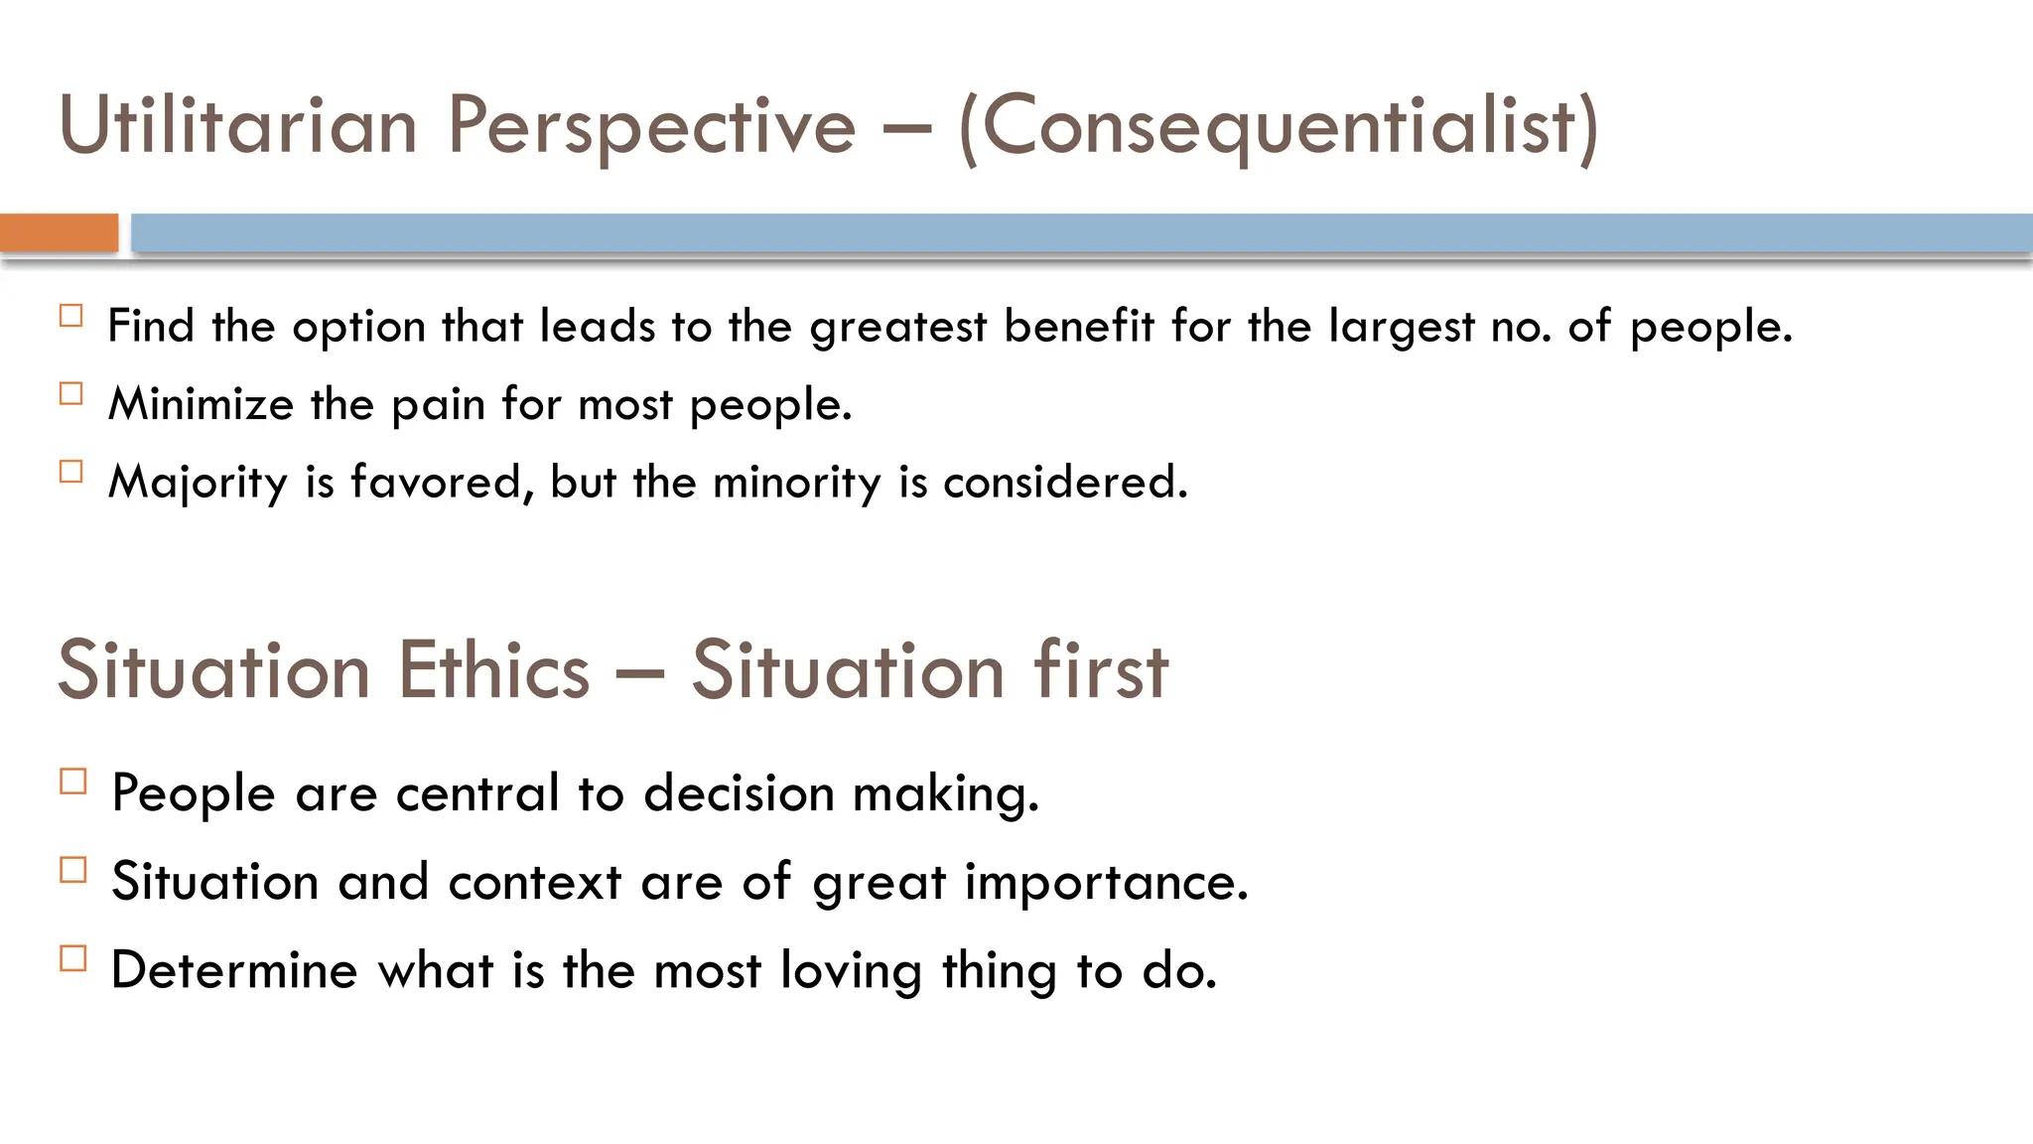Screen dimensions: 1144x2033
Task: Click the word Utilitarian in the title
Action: [x=238, y=126]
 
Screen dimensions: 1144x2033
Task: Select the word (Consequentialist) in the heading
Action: [x=1279, y=126]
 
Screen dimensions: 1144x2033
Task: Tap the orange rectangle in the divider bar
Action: [x=59, y=233]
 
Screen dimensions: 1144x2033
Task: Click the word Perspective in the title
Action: [x=651, y=126]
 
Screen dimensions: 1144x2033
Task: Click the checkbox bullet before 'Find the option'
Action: [x=71, y=317]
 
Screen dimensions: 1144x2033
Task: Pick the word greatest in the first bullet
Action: [x=898, y=328]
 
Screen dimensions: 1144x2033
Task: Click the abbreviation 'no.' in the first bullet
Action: [x=1522, y=328]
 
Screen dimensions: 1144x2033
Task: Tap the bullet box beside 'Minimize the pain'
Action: [x=71, y=394]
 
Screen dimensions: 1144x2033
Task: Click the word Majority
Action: [x=198, y=483]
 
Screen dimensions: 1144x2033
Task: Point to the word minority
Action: [x=796, y=483]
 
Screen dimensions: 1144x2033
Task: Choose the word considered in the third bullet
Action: [x=1064, y=483]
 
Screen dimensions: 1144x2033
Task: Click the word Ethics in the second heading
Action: [x=494, y=671]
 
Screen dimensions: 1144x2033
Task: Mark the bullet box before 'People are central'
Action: [x=73, y=782]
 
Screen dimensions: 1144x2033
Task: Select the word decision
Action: [x=739, y=793]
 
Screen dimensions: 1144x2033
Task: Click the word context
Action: [x=534, y=882]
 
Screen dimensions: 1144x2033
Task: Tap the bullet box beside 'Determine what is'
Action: [x=73, y=958]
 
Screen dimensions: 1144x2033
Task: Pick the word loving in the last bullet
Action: [x=851, y=970]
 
